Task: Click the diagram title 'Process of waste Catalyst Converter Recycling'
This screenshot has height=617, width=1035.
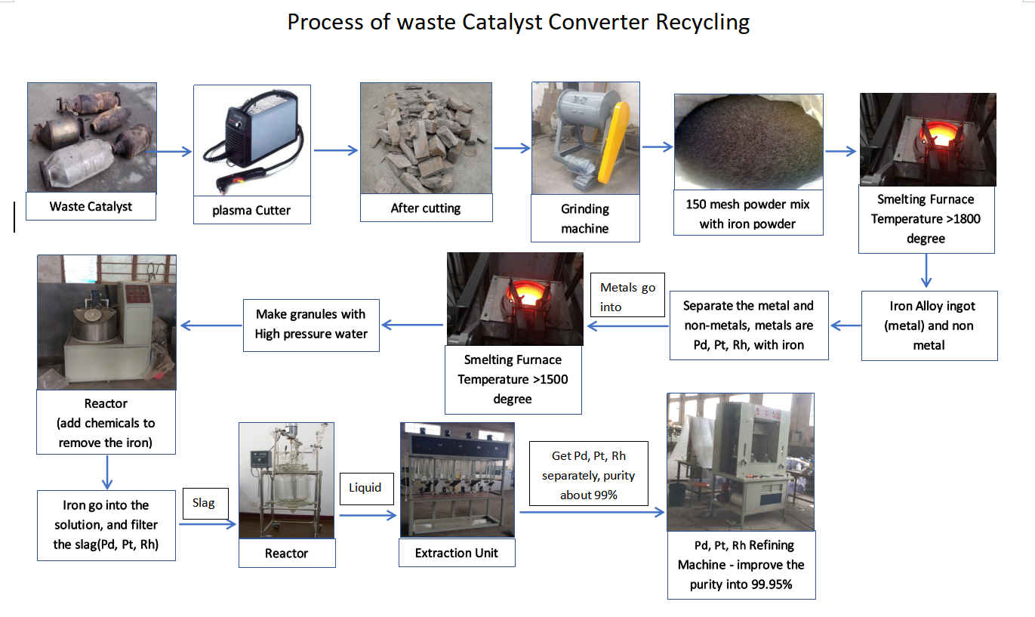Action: pos(519,22)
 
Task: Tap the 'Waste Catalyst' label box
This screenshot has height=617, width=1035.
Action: pos(91,206)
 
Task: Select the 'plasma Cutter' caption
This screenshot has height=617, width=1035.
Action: pos(252,210)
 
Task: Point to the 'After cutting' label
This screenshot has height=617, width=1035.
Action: pos(426,208)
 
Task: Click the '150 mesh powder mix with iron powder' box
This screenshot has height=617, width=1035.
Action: pos(748,214)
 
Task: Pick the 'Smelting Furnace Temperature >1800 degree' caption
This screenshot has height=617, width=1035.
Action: pos(926,219)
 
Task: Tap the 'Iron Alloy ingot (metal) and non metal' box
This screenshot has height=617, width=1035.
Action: pos(929,325)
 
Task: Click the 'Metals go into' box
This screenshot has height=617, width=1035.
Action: pos(627,295)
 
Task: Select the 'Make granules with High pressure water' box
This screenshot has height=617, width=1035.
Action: pos(312,325)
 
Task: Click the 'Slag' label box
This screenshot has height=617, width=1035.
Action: pos(205,503)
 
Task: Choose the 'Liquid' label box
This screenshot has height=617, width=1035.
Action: pos(366,489)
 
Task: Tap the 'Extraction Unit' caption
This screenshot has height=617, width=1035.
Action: pos(457,553)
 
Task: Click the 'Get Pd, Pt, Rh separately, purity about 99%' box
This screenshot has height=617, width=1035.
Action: pos(589,474)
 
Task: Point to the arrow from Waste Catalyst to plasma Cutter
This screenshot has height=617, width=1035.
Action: pos(169,151)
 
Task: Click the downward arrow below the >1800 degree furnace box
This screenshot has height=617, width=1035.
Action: pos(926,271)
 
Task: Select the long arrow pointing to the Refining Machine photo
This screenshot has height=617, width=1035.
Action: pos(592,512)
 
